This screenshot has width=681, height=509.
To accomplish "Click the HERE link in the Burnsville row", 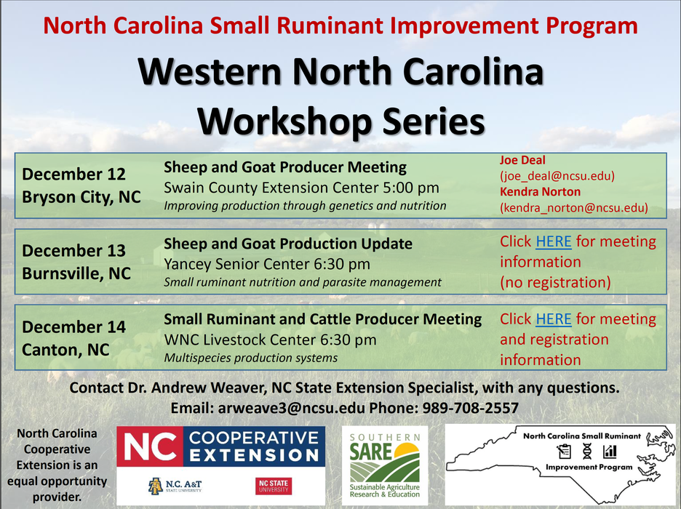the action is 553,241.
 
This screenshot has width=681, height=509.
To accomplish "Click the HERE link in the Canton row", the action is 553,319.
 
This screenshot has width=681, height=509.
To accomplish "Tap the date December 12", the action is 73,174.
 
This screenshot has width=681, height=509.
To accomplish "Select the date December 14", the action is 73,326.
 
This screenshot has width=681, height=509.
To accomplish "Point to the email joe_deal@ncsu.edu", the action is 557,176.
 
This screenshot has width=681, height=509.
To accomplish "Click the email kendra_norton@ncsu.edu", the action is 574,208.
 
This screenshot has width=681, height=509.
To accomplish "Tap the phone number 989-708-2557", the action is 471,408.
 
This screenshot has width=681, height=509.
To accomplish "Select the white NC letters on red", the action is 150,446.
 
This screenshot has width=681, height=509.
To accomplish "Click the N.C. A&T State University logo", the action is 175,486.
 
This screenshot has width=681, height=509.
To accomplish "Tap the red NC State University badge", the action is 274,486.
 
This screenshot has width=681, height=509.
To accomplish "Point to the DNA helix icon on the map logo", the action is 586,452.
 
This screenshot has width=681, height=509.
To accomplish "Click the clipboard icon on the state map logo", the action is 564,452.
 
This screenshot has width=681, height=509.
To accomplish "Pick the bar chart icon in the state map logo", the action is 610,452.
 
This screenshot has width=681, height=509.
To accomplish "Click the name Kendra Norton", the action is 541,192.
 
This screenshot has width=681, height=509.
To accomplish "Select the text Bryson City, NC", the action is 81,197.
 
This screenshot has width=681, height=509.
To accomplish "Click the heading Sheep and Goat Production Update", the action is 288,244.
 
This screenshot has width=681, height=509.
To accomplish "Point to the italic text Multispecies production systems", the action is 250,358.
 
